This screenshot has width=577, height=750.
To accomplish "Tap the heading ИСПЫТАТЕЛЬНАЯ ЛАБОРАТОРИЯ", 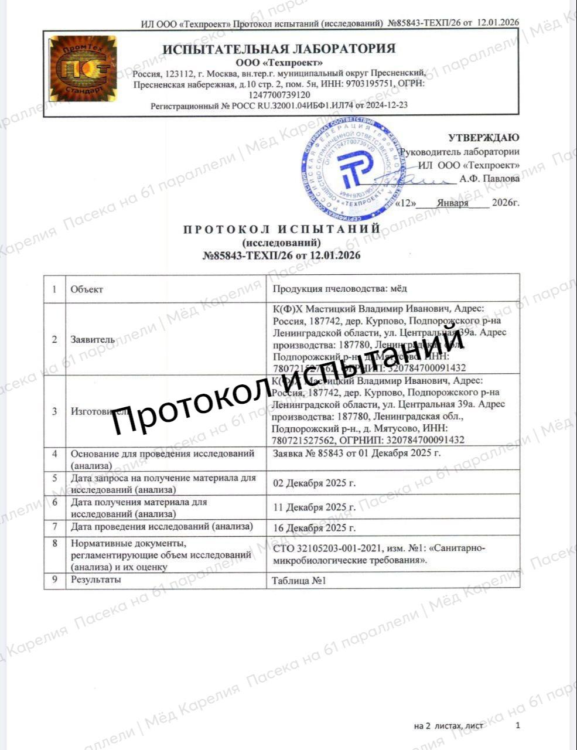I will pyautogui.click(x=279, y=49).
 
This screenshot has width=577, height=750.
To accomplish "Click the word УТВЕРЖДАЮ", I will pyautogui.click(x=483, y=138).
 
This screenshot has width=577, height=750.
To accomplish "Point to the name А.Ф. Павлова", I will pyautogui.click(x=489, y=179).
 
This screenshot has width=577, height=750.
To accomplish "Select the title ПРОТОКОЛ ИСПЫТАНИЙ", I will pyautogui.click(x=282, y=229).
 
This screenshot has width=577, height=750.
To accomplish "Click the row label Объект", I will pyautogui.click(x=87, y=289).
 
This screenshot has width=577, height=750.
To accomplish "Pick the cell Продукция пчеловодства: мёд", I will pyautogui.click(x=340, y=288).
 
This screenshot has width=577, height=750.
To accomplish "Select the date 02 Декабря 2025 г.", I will pyautogui.click(x=315, y=483).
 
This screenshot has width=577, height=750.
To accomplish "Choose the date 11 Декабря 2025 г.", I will pyautogui.click(x=315, y=507).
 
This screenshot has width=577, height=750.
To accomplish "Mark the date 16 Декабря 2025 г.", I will pyautogui.click(x=315, y=528).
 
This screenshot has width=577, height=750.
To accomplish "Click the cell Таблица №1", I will pyautogui.click(x=298, y=581).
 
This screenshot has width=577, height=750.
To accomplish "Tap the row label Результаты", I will pyautogui.click(x=96, y=580).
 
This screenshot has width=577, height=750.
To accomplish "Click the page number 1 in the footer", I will pyautogui.click(x=517, y=725).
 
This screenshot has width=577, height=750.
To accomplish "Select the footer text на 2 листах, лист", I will pyautogui.click(x=448, y=726).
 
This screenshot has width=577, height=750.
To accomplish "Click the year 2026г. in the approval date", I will pyautogui.click(x=506, y=203).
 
